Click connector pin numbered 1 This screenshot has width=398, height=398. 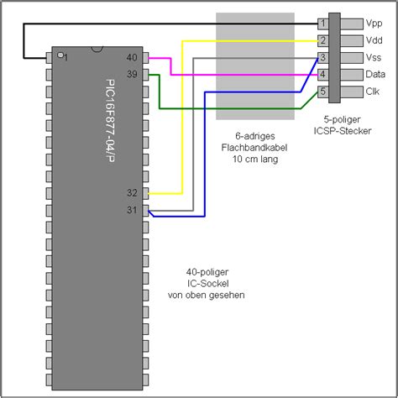[x=322, y=24]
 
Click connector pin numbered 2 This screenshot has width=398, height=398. [x=322, y=40]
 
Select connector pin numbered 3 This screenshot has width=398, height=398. [x=322, y=58]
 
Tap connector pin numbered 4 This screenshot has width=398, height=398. [x=322, y=75]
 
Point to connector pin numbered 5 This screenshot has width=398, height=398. [x=322, y=92]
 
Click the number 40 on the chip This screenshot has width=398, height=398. [x=132, y=58]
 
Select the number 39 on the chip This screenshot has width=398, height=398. [x=132, y=74]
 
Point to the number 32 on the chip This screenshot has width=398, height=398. [x=132, y=193]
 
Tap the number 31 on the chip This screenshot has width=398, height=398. [x=132, y=210]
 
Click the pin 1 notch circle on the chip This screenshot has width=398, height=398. [x=60, y=55]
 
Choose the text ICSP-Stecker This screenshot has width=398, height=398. [x=346, y=131]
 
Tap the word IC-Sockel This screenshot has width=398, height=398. [x=210, y=283]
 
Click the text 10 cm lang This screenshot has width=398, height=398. [x=255, y=159]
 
